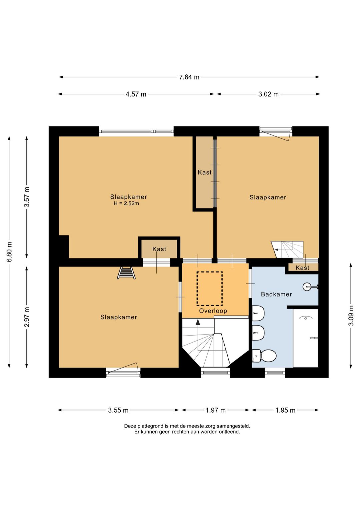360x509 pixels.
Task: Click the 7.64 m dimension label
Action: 189,77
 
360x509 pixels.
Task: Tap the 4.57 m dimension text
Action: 136,94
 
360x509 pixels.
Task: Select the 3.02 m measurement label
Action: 268,94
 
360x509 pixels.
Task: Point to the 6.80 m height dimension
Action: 10,252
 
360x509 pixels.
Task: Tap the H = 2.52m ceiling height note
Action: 126,203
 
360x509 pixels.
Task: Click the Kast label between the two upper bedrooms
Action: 205,172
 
